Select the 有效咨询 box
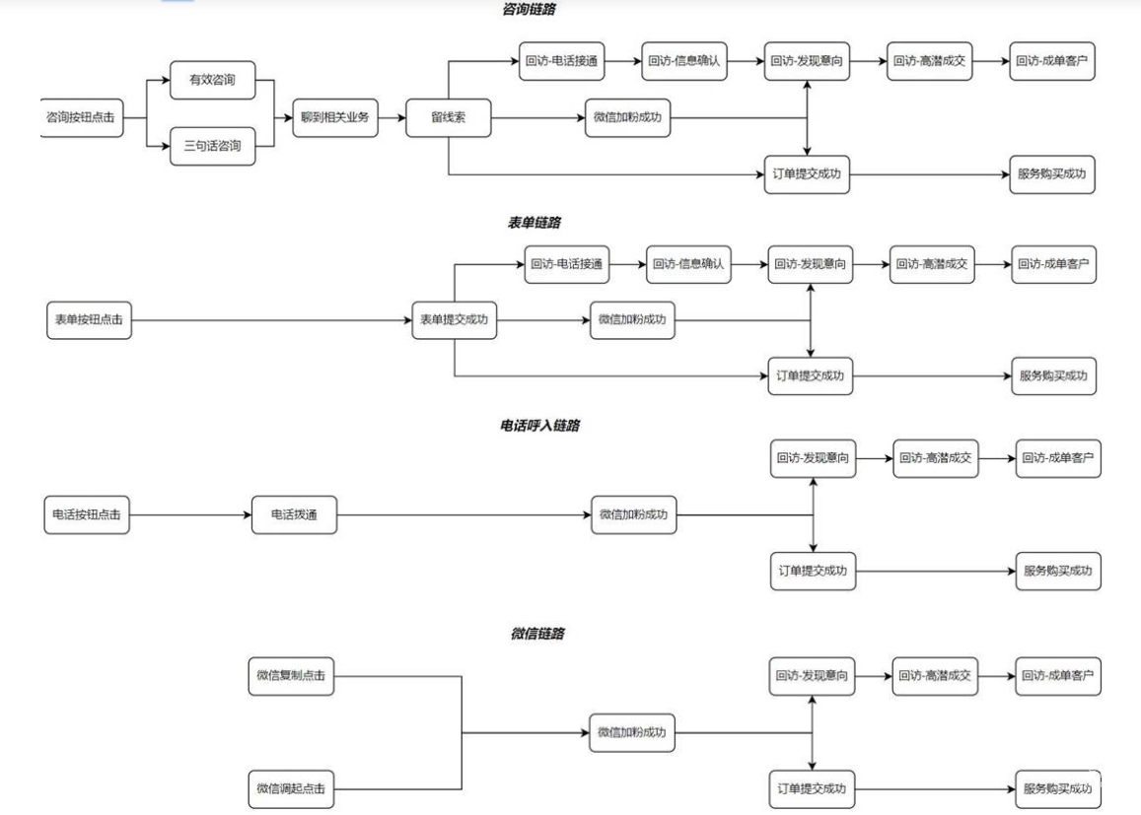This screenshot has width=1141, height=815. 212,79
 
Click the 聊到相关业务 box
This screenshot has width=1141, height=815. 335,117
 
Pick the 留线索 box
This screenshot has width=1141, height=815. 447,117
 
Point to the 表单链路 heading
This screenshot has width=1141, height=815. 535,224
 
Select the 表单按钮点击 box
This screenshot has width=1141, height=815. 89,320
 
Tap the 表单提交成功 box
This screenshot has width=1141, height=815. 454,320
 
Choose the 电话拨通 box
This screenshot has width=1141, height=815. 295,514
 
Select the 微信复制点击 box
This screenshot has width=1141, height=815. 290,676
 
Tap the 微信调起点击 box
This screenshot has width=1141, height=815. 290,788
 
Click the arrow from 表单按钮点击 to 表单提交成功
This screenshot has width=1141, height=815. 271,320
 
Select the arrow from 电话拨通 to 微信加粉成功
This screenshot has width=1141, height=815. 464,514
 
